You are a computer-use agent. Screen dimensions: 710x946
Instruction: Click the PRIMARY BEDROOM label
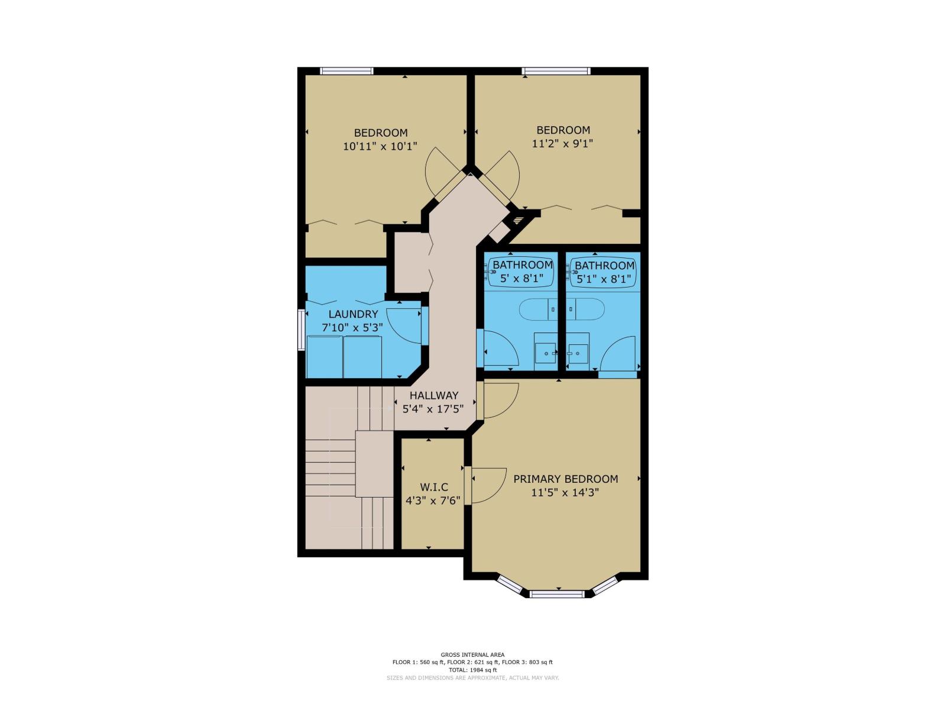[565, 479]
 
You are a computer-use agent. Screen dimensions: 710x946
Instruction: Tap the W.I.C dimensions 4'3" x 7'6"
[433, 501]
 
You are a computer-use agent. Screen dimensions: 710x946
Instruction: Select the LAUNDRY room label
[353, 314]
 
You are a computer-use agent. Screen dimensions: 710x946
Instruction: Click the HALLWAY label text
[434, 395]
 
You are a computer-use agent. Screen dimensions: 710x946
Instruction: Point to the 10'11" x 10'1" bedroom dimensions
[380, 146]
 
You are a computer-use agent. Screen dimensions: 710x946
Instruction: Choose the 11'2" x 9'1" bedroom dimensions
[562, 143]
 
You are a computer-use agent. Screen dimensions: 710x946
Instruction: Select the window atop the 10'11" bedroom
[346, 71]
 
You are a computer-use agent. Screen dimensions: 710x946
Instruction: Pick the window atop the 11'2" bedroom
[556, 71]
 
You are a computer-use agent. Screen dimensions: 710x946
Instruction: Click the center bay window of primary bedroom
[556, 593]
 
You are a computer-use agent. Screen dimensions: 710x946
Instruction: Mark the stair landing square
[374, 464]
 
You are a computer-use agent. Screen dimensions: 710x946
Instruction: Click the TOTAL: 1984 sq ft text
[472, 670]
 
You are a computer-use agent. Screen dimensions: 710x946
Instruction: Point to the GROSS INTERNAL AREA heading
[472, 655]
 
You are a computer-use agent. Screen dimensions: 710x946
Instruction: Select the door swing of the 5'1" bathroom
[618, 355]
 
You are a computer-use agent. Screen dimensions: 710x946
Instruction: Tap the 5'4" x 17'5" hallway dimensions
[433, 409]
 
